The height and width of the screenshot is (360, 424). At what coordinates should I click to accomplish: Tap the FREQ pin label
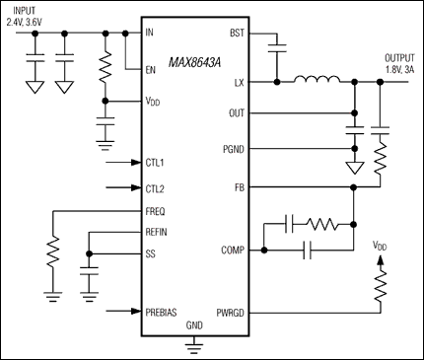tap(156, 211)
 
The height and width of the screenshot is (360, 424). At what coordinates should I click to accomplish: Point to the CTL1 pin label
tap(155, 161)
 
